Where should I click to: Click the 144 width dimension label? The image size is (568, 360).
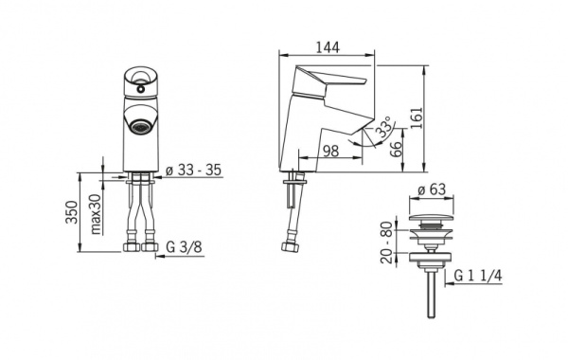[x=328, y=47]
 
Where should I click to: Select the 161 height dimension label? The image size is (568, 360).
[x=417, y=117]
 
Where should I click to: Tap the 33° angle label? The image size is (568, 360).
[x=384, y=126]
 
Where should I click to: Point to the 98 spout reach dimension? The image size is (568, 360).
[x=330, y=151]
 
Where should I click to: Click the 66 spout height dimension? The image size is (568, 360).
[x=397, y=149]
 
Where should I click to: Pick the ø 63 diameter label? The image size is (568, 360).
[x=431, y=189]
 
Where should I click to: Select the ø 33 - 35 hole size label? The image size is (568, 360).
[x=193, y=170]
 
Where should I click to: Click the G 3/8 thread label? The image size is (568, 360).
[x=184, y=247]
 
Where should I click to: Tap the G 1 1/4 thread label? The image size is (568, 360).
[x=478, y=277]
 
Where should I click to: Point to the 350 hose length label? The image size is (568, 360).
[x=72, y=212]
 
